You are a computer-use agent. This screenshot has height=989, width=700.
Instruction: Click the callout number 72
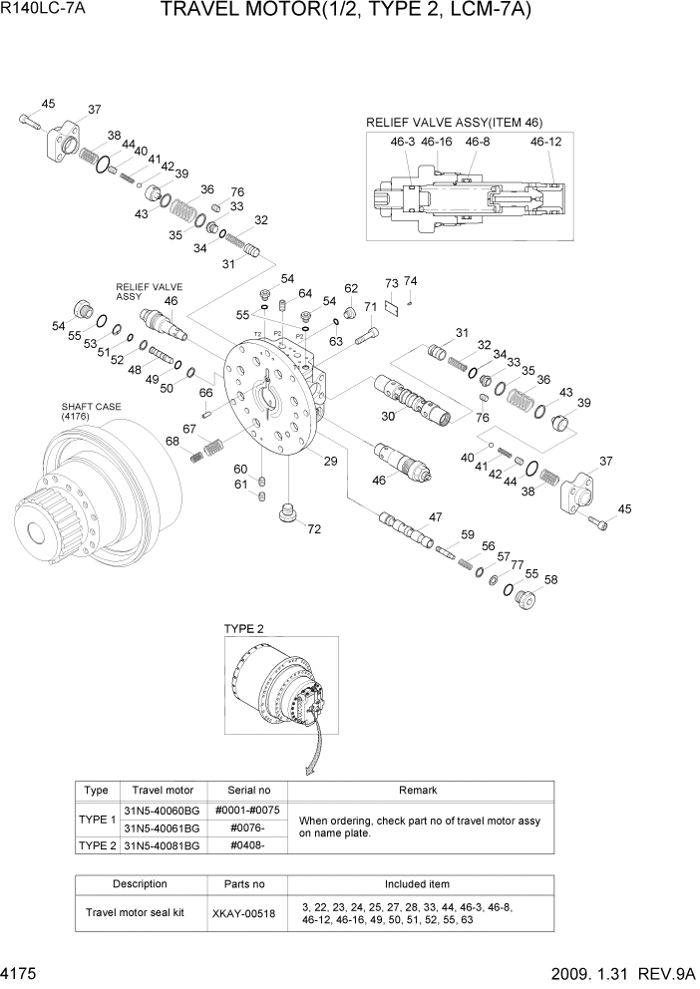tap(314, 528)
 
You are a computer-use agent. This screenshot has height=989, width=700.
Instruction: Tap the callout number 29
tap(330, 460)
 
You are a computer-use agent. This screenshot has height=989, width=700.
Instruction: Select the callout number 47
tap(435, 516)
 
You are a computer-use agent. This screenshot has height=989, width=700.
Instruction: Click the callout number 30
tap(390, 416)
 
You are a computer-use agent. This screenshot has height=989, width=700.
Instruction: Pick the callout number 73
tap(392, 284)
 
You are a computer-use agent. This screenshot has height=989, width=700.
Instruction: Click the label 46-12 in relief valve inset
tap(545, 143)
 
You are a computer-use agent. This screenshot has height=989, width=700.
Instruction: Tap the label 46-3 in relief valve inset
tap(403, 143)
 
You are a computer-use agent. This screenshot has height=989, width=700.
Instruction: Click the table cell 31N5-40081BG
tap(161, 844)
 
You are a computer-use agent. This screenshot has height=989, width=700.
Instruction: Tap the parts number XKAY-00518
tap(243, 912)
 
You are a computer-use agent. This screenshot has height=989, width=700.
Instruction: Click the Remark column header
tap(418, 790)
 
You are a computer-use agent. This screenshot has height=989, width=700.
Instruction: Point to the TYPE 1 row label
tap(97, 819)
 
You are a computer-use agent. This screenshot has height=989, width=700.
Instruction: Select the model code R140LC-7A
tap(42, 12)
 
